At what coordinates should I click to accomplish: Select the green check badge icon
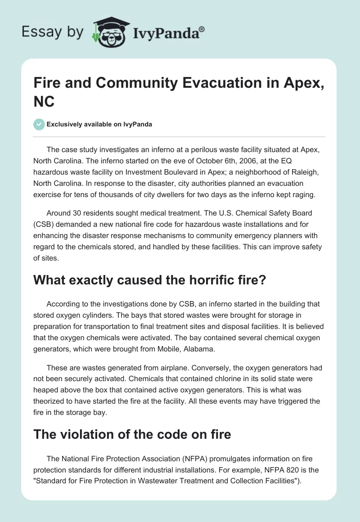click(x=39, y=124)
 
